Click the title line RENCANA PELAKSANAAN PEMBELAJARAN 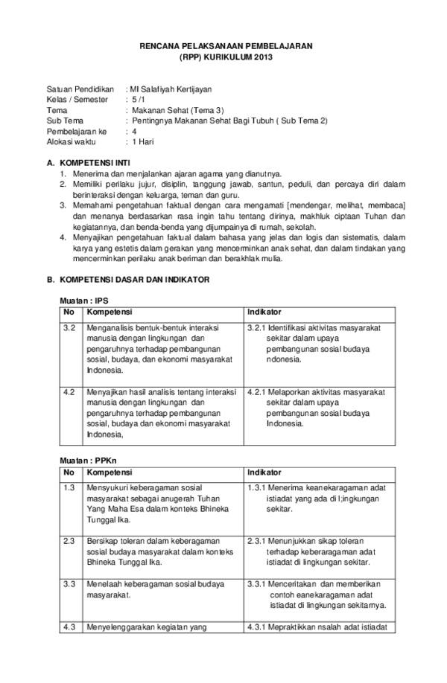click(226, 46)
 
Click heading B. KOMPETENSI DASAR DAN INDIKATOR click(128, 280)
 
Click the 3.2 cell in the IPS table click(69, 327)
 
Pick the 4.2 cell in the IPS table click(69, 391)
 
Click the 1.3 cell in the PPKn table click(69, 488)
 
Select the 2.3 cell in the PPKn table click(69, 541)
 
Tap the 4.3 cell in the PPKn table click(69, 627)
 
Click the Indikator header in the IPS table click(264, 312)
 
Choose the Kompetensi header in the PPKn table click(108, 472)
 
